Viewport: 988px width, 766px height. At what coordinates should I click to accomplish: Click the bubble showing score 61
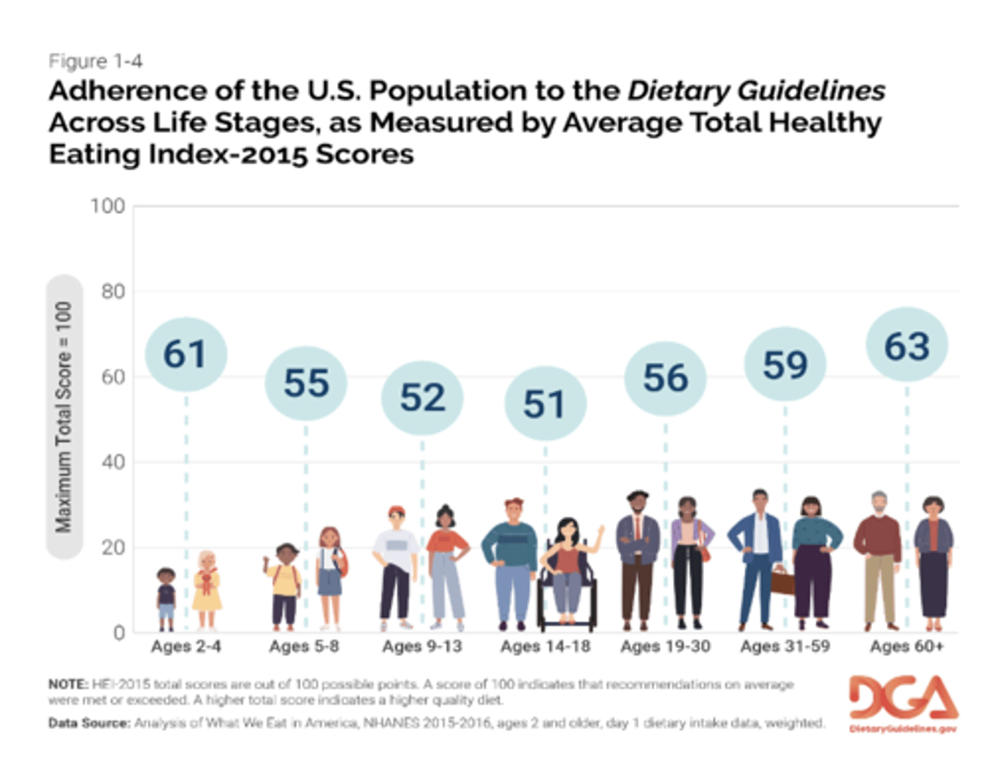point(185,355)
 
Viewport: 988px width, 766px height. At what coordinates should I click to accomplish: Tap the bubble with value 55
point(306,383)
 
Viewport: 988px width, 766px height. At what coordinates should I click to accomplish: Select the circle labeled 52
point(422,398)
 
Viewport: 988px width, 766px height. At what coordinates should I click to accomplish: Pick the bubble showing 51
point(545,404)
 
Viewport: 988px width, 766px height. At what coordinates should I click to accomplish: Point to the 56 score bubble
point(665,379)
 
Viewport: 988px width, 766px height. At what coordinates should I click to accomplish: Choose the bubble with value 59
point(785,364)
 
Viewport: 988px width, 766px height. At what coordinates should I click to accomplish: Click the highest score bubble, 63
point(906,346)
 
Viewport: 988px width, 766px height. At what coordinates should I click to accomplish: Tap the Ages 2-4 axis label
point(186,646)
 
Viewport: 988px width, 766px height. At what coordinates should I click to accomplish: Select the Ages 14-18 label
point(545,646)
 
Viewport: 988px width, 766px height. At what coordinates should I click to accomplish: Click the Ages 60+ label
point(906,646)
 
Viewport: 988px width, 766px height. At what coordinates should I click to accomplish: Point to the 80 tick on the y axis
point(113,291)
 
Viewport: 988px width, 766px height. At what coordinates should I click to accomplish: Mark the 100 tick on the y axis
point(108,206)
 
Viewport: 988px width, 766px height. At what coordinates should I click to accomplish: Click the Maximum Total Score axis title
point(64,417)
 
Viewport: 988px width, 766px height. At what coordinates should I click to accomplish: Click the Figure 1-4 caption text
point(95,61)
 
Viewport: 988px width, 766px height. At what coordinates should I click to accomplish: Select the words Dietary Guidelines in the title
point(756,91)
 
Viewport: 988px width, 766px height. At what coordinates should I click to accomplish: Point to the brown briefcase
point(782,581)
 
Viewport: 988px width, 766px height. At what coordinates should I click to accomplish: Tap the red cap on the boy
point(397,511)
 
